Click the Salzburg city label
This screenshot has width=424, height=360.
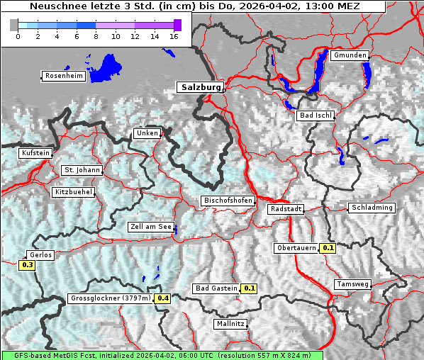click(x=201, y=87)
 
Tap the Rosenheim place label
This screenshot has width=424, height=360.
click(x=63, y=76)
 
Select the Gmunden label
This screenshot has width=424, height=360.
click(x=349, y=55)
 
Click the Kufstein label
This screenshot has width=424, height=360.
click(x=35, y=153)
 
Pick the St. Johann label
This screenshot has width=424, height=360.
click(x=82, y=170)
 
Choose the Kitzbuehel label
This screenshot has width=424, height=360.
click(x=73, y=192)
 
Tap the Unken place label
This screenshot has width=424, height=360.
click(x=147, y=133)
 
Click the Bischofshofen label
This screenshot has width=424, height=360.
click(x=228, y=201)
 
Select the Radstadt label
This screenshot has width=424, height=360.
click(x=286, y=210)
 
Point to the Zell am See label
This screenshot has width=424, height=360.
click(x=151, y=227)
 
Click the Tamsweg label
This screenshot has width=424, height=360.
click(x=352, y=284)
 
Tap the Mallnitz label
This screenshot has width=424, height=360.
click(x=230, y=324)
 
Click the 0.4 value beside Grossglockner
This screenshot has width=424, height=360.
click(x=163, y=298)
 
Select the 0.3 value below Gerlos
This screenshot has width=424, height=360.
click(x=28, y=265)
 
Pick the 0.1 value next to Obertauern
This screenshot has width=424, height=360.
click(x=328, y=248)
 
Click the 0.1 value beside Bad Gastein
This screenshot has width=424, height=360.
click(x=249, y=288)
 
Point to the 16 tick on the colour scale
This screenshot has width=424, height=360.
click(x=174, y=36)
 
